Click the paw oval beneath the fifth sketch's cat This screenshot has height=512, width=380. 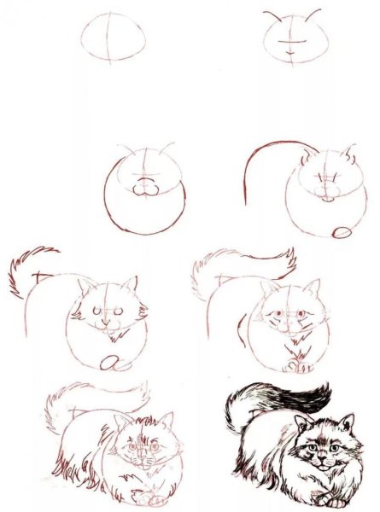(108, 362)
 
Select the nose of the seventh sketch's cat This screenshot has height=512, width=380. (142, 457)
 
